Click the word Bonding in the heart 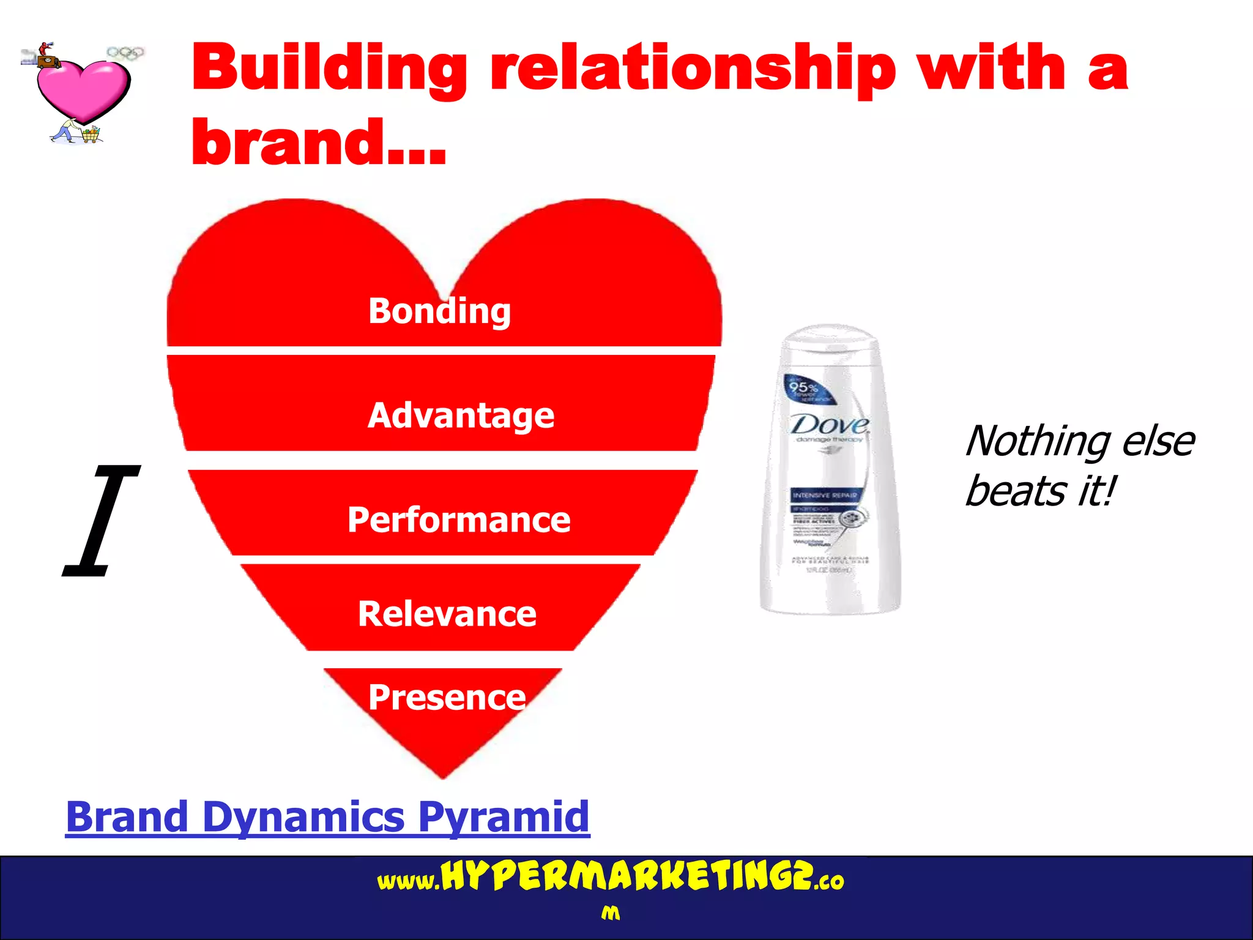[x=439, y=311]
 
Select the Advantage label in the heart [x=461, y=416]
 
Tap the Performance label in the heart [x=459, y=520]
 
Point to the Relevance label [x=447, y=614]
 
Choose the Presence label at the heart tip [x=447, y=697]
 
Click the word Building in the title [x=330, y=69]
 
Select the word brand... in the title [x=318, y=142]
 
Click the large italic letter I [x=101, y=520]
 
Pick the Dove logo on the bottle [x=830, y=425]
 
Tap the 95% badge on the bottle [x=803, y=388]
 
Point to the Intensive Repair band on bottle [x=825, y=495]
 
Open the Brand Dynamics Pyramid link [x=327, y=816]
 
